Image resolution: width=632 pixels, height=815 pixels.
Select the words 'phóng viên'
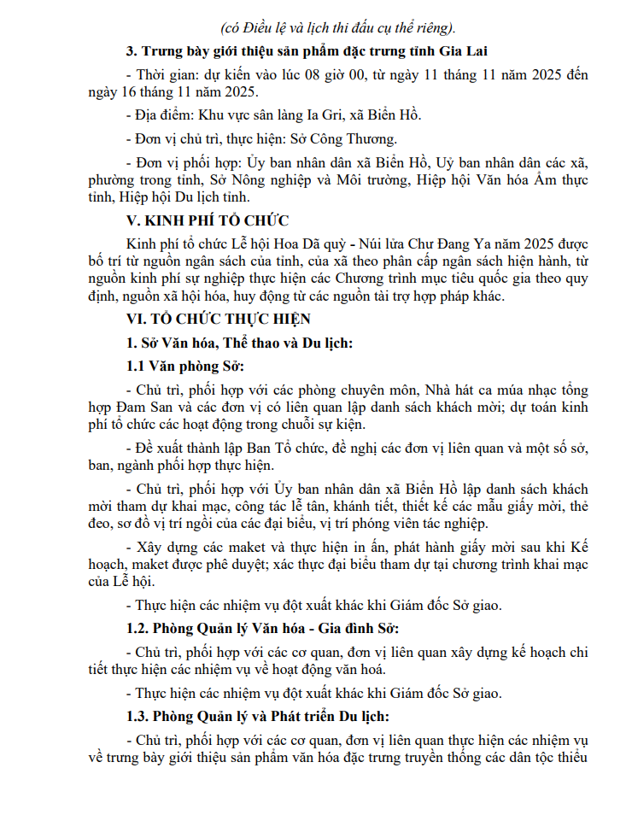pyautogui.click(x=389, y=523)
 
